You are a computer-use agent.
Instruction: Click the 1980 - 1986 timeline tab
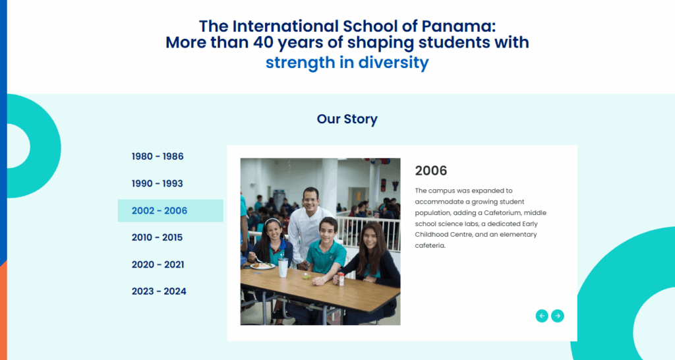(x=158, y=156)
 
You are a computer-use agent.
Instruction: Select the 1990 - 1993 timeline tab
(x=157, y=183)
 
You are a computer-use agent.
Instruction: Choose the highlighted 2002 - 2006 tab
(x=171, y=210)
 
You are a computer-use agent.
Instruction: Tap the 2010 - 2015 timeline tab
(x=157, y=237)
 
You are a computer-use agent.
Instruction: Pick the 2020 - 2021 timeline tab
(x=158, y=264)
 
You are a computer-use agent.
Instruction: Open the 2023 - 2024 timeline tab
(x=159, y=291)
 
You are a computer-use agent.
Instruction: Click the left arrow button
(x=542, y=316)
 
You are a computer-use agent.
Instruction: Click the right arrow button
(x=558, y=316)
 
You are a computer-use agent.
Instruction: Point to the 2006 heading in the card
(x=431, y=171)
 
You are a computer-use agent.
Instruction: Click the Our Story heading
(x=347, y=119)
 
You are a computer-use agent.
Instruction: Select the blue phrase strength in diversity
(x=347, y=63)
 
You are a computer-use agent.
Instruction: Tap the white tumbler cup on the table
(x=283, y=268)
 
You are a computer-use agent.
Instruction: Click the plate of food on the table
(x=262, y=266)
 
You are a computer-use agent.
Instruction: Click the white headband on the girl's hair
(x=272, y=222)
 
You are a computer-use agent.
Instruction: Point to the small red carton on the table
(x=341, y=279)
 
